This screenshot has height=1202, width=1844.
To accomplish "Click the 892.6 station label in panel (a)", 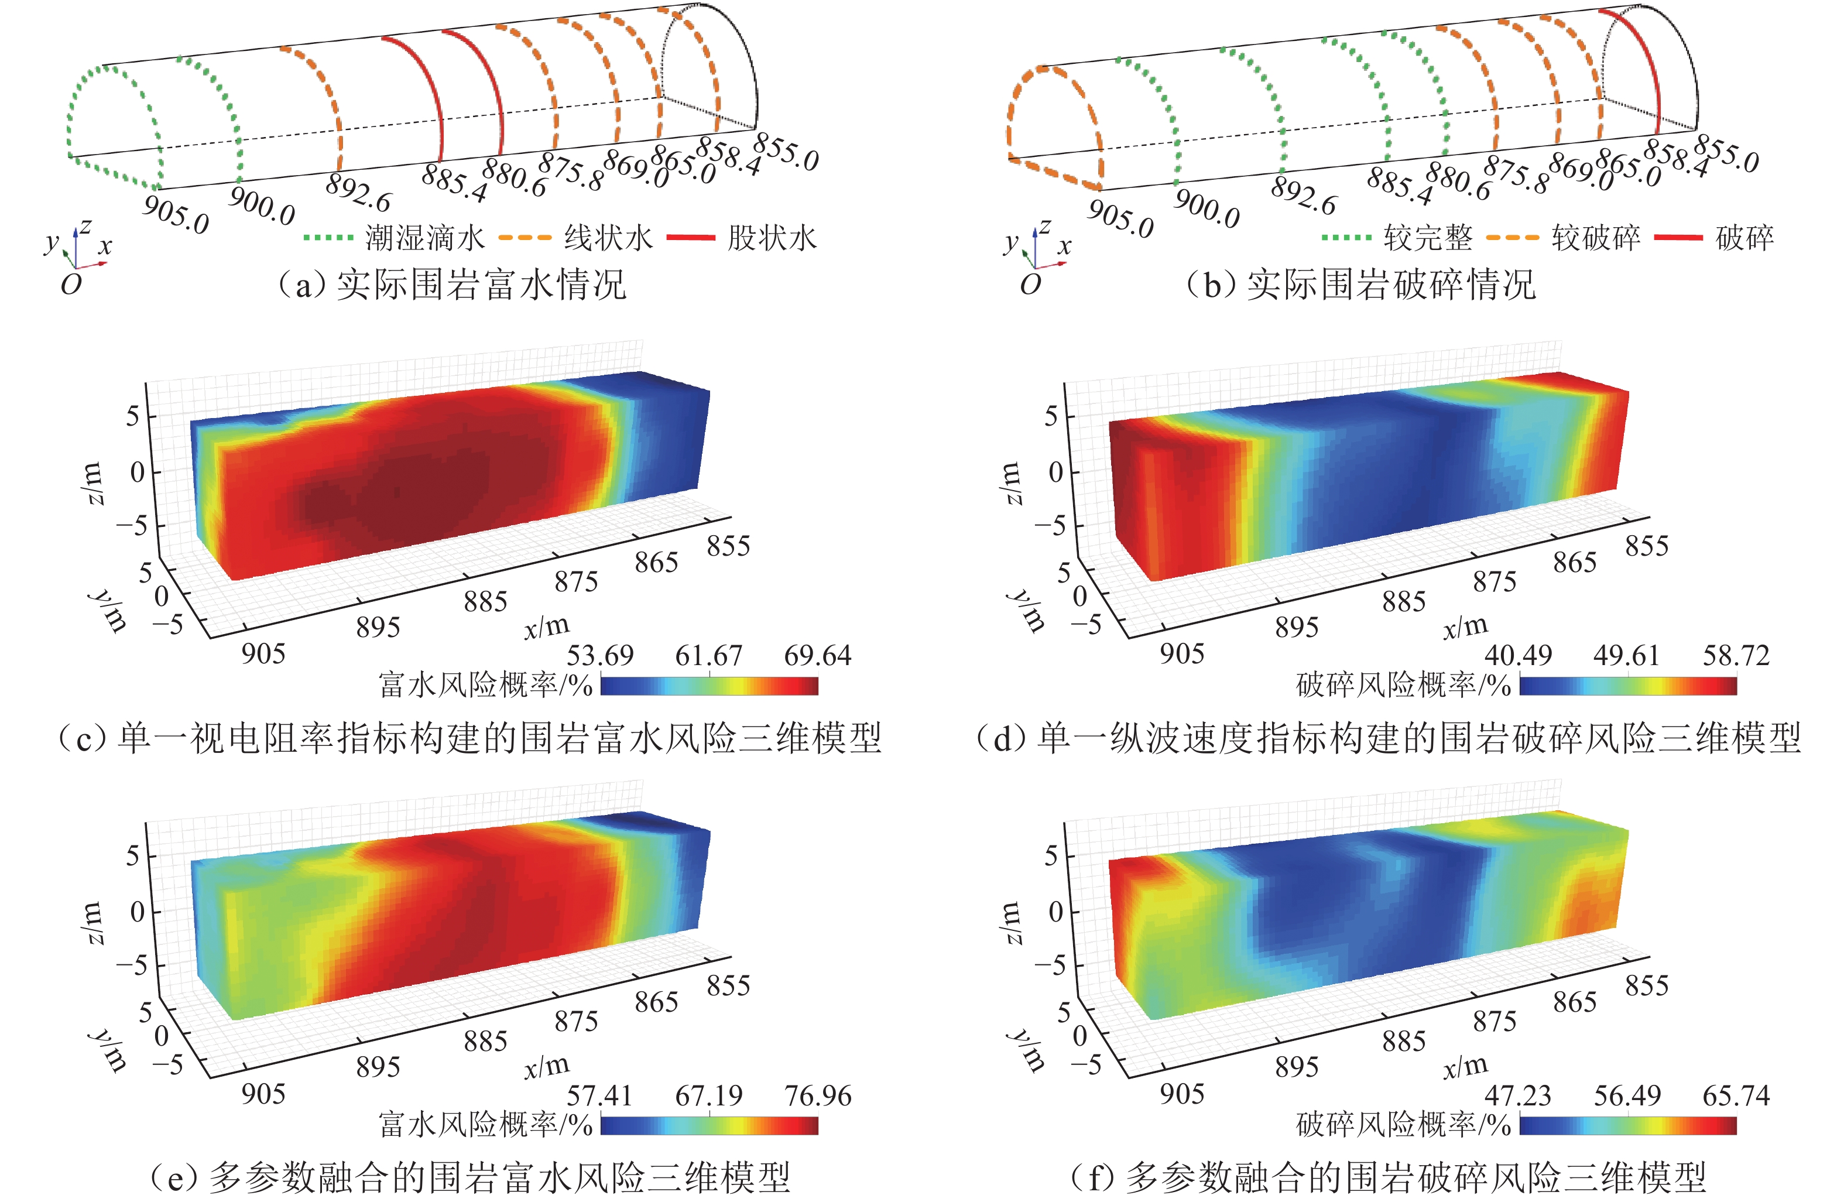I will [358, 191].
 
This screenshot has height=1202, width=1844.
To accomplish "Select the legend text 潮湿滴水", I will [424, 238].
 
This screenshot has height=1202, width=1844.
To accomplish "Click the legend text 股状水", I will [772, 238].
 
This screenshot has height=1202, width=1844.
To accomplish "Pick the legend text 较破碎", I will [1595, 238].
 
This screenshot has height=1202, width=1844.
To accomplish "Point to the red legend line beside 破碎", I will [1678, 237].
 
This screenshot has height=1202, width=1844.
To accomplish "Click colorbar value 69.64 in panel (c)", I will [817, 656].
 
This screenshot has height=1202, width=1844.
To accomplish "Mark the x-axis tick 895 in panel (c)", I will [378, 627].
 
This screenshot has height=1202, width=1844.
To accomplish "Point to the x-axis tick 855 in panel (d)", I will [1646, 546].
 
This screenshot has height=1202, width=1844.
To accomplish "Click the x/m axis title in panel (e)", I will [546, 1066].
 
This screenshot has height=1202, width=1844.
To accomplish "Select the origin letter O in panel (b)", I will [1030, 285].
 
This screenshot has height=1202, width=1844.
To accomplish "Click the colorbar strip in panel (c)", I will [709, 686].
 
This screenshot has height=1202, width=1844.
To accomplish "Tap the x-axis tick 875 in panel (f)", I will [1495, 1022].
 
